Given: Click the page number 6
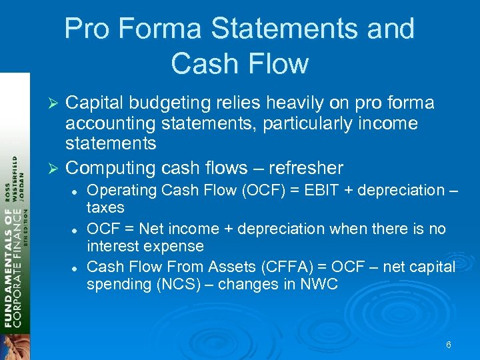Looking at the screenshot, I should point(448,345).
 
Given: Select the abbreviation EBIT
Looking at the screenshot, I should point(323,190).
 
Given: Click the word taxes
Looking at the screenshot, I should point(105,207).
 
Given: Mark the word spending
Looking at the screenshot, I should point(115,284).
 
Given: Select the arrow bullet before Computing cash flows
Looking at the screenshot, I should point(56,168).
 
